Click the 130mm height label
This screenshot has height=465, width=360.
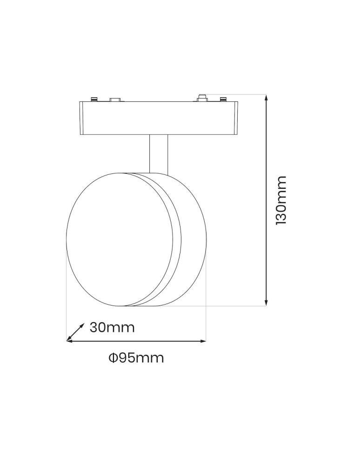click(281, 200)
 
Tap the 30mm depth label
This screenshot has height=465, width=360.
click(112, 327)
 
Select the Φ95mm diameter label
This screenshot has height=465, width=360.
click(136, 358)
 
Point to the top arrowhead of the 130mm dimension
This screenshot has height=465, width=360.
click(267, 98)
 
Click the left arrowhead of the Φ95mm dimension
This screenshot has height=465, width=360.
click(70, 341)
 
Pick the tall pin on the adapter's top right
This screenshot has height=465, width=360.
click(202, 97)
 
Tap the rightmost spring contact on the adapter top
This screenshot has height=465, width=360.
click(224, 99)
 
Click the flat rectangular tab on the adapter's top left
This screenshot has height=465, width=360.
click(114, 99)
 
